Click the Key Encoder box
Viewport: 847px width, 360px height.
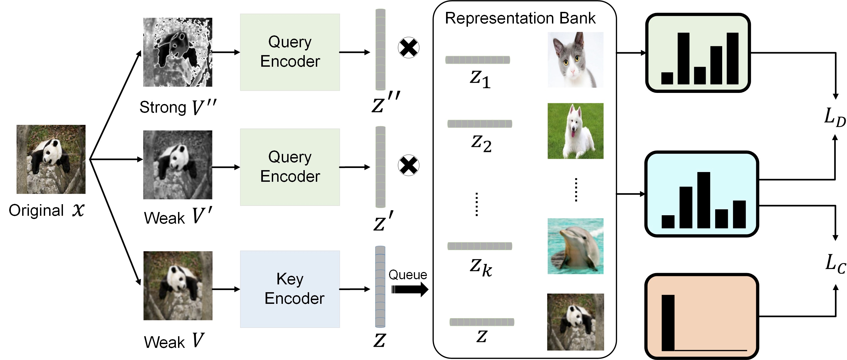coord(290,289)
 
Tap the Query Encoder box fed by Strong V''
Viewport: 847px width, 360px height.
coord(290,52)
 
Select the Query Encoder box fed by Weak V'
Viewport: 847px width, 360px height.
coord(290,167)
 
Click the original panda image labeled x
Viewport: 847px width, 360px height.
coord(51,159)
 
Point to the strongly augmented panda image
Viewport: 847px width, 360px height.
coord(178,52)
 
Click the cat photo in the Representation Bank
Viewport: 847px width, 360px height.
coord(575,59)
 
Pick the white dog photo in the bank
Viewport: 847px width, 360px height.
coord(575,131)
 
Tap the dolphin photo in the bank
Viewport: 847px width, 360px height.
coord(575,246)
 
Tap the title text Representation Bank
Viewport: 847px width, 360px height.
coord(520,18)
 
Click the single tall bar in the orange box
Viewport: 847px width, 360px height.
coord(668,322)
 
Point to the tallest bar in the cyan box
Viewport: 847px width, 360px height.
coord(703,200)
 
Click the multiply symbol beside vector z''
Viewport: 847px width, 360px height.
coord(409,48)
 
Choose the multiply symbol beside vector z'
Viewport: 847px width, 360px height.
coord(409,165)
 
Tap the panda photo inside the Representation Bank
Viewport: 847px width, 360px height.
coord(575,322)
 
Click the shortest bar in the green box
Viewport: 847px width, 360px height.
coord(667,78)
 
